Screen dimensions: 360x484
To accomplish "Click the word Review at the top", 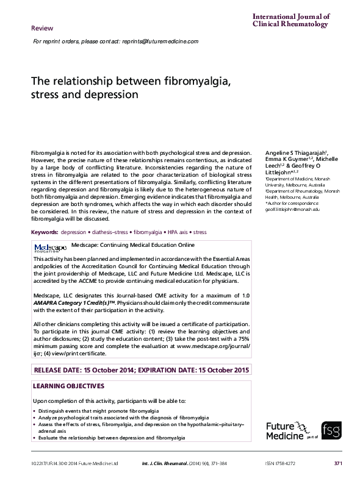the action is [42, 29].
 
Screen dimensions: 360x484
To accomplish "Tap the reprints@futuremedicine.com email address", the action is [159, 41].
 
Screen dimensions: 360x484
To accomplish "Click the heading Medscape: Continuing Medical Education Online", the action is [133, 245].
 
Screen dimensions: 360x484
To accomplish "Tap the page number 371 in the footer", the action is [337, 464].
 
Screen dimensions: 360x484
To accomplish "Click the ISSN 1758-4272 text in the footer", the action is [281, 464].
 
